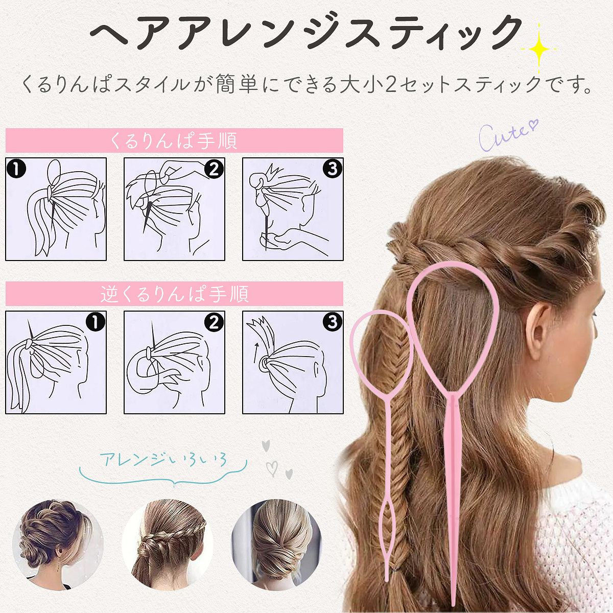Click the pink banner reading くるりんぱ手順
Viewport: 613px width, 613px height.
pyautogui.click(x=174, y=140)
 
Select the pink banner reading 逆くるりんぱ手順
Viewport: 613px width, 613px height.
pyautogui.click(x=174, y=294)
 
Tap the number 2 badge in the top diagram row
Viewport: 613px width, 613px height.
pyautogui.click(x=214, y=169)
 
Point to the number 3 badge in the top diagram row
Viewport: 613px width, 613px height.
pyautogui.click(x=332, y=169)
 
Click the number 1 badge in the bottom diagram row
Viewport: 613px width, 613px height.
pyautogui.click(x=96, y=322)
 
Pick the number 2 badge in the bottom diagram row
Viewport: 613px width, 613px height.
pyautogui.click(x=214, y=322)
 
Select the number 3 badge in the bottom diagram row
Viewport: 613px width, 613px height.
pyautogui.click(x=332, y=322)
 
